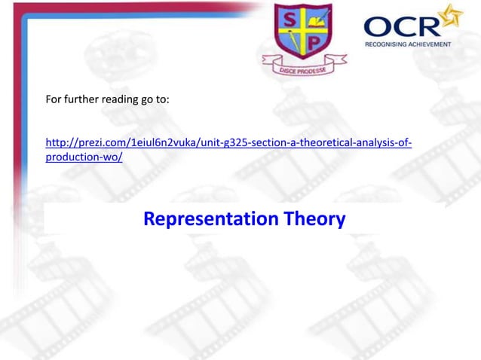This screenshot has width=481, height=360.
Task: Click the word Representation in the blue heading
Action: tap(211, 219)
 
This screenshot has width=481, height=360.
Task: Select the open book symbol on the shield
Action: tap(317, 17)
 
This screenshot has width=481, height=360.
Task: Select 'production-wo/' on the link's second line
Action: tap(84, 157)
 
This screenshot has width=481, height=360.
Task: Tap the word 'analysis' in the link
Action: tap(376, 143)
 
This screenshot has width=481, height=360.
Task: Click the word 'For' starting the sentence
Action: tap(54, 102)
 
